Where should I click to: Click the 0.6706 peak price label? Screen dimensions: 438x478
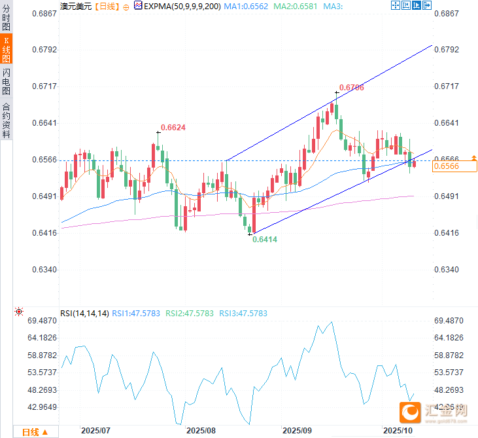pyautogui.click(x=352, y=87)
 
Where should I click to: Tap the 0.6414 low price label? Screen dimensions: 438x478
pyautogui.click(x=264, y=240)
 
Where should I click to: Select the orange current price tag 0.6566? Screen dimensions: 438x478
pyautogui.click(x=446, y=167)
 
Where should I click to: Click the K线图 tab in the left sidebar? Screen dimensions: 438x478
pyautogui.click(x=7, y=49)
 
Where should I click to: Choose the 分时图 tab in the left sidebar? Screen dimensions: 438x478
pyautogui.click(x=7, y=16)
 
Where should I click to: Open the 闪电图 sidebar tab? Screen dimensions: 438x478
pyautogui.click(x=7, y=82)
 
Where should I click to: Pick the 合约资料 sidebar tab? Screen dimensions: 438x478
pyautogui.click(x=7, y=119)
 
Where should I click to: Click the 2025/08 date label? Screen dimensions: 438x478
pyautogui.click(x=201, y=431)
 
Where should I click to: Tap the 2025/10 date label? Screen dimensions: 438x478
pyautogui.click(x=397, y=431)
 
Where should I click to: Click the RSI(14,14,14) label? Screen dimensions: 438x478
pyautogui.click(x=84, y=314)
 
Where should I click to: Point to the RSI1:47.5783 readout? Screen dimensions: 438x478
pyautogui.click(x=136, y=314)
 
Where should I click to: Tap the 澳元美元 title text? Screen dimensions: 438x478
pyautogui.click(x=75, y=6)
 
